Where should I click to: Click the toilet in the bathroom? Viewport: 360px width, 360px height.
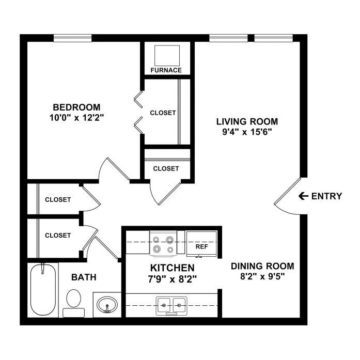[73, 303]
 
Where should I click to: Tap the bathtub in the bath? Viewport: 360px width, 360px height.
[43, 290]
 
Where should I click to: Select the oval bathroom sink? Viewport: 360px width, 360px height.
[107, 304]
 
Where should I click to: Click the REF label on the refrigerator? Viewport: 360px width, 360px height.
[201, 246]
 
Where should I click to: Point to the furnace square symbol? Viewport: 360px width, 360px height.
[167, 56]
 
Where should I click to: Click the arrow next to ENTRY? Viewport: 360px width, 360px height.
[303, 196]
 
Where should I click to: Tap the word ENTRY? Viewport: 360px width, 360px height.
[326, 196]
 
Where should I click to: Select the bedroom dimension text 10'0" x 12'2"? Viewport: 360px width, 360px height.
[76, 118]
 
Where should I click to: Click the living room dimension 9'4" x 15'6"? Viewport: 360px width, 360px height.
[247, 132]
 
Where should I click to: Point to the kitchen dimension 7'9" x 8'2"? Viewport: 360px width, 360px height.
[173, 279]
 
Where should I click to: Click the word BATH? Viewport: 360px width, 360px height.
[84, 277]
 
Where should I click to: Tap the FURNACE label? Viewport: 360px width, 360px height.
[166, 70]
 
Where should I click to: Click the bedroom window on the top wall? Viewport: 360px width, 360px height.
[72, 38]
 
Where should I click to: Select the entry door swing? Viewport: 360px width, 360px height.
[288, 197]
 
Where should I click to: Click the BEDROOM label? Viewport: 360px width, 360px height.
[76, 107]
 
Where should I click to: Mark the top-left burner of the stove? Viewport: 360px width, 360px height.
[156, 240]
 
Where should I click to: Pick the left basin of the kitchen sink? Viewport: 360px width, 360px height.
[164, 305]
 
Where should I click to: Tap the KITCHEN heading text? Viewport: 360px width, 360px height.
[172, 268]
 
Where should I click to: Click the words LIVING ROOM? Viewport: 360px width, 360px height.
[247, 121]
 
